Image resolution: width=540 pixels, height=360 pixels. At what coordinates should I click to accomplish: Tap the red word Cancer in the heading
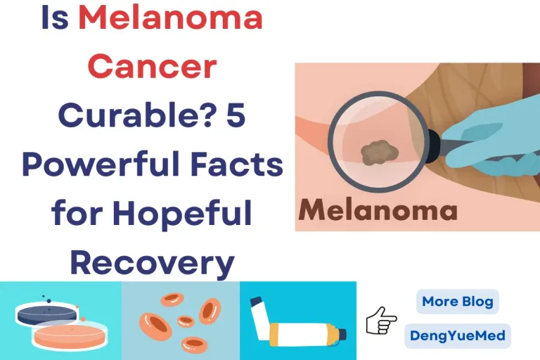click(153, 67)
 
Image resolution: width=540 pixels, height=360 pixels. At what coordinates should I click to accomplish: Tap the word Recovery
click(152, 262)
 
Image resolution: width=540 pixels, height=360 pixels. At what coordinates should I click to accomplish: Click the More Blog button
click(457, 302)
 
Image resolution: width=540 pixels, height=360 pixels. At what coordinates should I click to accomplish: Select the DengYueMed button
click(457, 335)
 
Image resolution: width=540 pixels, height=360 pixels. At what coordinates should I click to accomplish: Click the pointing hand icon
click(382, 320)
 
